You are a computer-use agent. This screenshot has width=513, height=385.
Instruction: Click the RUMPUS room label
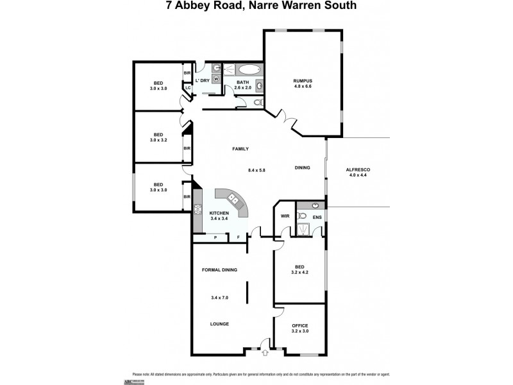pyautogui.click(x=303, y=80)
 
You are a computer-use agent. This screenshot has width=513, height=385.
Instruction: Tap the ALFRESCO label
pyautogui.click(x=358, y=169)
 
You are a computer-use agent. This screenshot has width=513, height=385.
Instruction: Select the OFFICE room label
pyautogui.click(x=300, y=325)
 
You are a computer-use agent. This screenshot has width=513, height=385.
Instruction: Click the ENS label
pyautogui.click(x=317, y=216)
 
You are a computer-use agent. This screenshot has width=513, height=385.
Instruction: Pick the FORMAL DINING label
pyautogui.click(x=220, y=269)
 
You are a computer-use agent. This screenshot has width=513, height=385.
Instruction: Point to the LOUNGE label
pyautogui.click(x=220, y=324)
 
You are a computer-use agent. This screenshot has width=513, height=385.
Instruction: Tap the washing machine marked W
pyautogui.click(x=216, y=79)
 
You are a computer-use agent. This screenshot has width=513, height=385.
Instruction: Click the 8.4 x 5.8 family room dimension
pyautogui.click(x=256, y=170)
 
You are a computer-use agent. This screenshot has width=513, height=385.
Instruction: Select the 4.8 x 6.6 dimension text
pyautogui.click(x=303, y=87)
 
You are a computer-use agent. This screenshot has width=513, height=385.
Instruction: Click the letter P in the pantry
pyautogui.click(x=215, y=237)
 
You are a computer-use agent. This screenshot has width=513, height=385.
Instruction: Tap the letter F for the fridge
pyautogui.click(x=239, y=237)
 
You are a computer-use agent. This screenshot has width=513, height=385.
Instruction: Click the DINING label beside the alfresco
pyautogui.click(x=303, y=168)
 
